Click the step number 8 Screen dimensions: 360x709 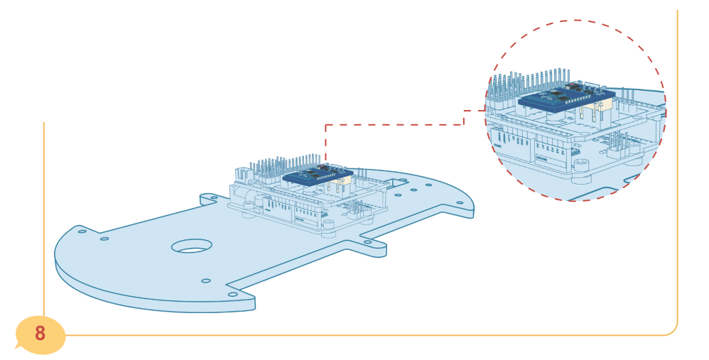click(x=40, y=333)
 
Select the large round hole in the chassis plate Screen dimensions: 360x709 click(x=192, y=246)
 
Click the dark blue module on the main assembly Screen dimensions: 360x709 click(x=318, y=174)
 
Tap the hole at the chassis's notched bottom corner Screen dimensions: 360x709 click(x=232, y=294)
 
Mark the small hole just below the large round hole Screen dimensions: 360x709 click(x=206, y=280)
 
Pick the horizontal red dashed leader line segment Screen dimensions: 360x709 click(x=394, y=125)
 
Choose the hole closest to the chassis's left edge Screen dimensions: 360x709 click(x=82, y=231)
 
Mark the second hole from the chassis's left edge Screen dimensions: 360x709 click(x=104, y=239)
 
